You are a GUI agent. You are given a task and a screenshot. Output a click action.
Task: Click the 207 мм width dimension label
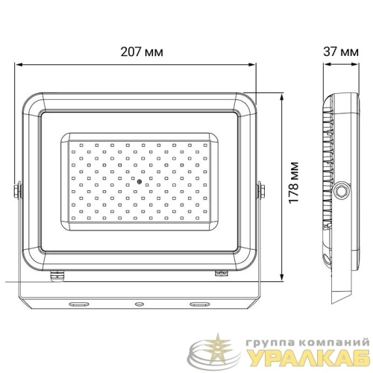pos(142,52)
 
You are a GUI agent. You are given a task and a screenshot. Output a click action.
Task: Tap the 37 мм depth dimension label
pos(341,52)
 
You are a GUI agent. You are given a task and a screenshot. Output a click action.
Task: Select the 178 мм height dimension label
pos(294,183)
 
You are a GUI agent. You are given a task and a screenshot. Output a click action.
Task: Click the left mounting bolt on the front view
pos(17,190)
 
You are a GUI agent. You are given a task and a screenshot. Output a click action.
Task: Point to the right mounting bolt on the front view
pos(260,190)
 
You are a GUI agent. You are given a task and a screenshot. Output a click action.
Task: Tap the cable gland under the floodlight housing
pos(57,277)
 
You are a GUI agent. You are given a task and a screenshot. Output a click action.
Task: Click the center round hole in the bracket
pos(140,304)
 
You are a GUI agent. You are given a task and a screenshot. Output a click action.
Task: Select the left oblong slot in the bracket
pos(79,304)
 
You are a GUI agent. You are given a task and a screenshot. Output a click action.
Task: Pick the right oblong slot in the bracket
pos(200,304)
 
